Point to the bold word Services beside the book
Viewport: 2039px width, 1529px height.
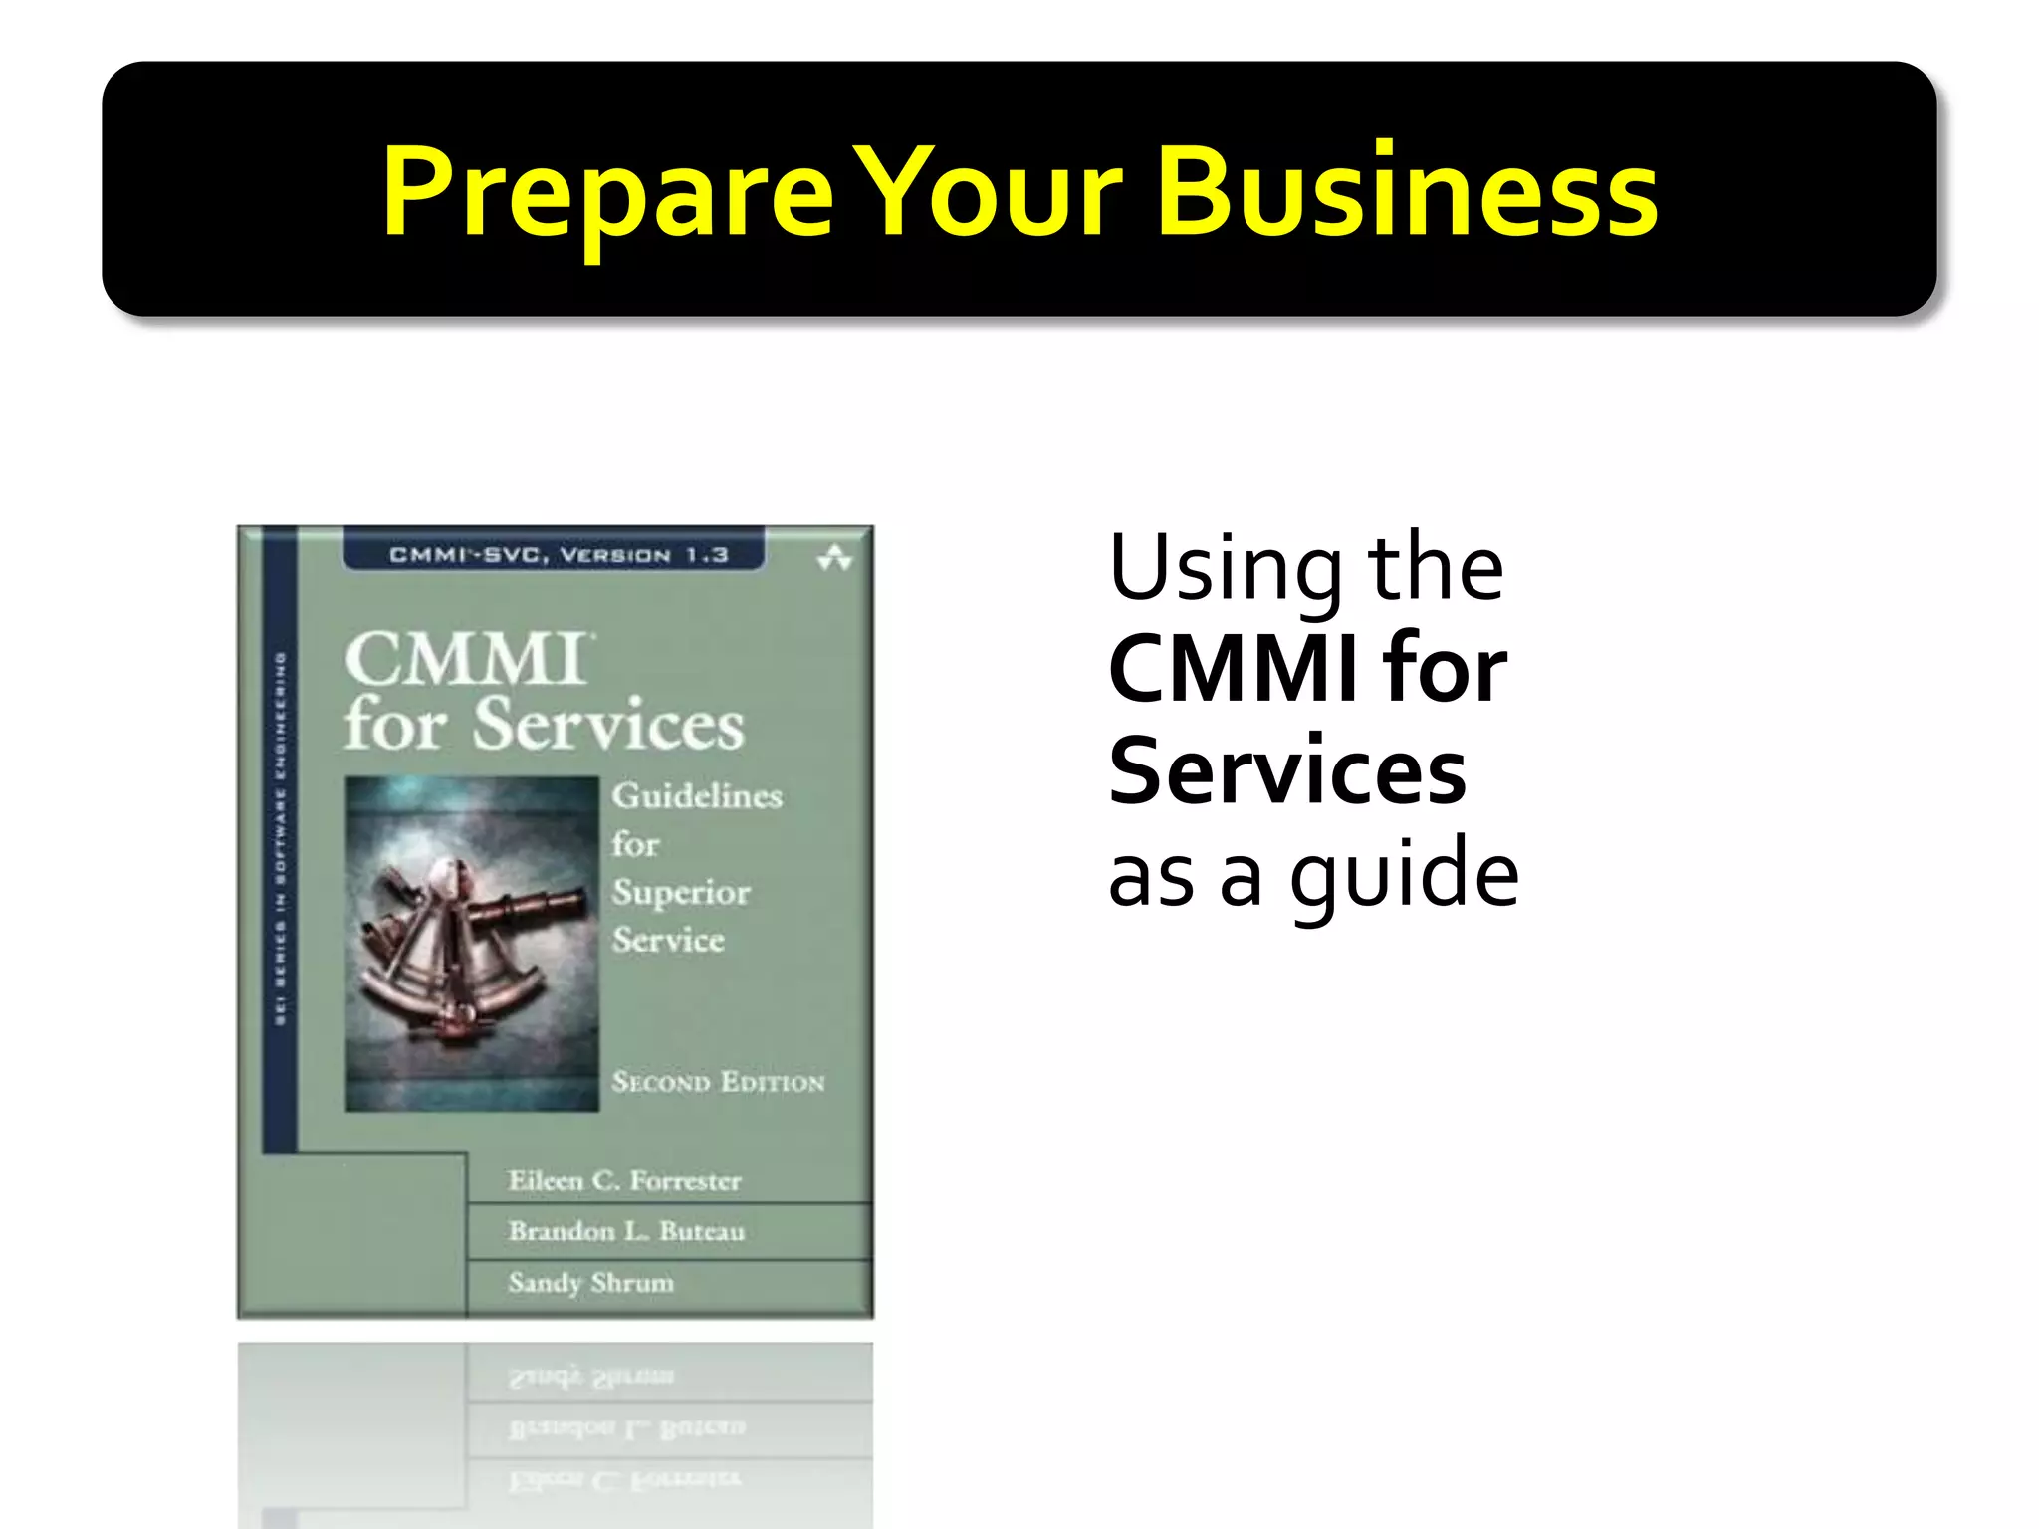click(1286, 771)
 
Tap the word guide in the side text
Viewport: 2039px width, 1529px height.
click(1404, 876)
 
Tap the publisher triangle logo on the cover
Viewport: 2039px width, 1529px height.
click(834, 557)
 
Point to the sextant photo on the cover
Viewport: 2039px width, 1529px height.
click(471, 943)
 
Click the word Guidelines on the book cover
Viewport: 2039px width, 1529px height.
click(697, 796)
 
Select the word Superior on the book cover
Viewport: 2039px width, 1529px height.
click(681, 893)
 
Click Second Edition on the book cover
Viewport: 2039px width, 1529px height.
click(718, 1082)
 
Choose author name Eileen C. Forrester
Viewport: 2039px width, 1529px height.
click(624, 1181)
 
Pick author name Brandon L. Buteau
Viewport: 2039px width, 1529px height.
click(626, 1232)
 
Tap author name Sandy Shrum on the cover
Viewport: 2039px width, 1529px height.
click(590, 1283)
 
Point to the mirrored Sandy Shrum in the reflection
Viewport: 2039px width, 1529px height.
click(590, 1378)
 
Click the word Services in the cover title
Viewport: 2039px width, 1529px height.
click(607, 725)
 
